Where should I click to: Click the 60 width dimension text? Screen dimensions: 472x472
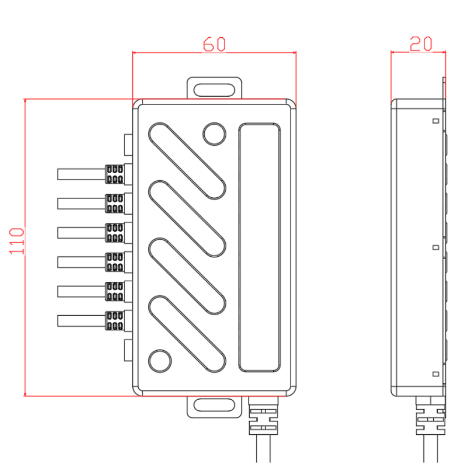[x=214, y=44]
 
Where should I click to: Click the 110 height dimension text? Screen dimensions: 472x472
[x=17, y=241]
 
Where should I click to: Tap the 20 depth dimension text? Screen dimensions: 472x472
[x=421, y=44]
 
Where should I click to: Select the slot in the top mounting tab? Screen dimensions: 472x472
[x=214, y=90]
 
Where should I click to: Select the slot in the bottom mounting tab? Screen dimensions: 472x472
[x=214, y=405]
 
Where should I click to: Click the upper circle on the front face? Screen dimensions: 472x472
[x=214, y=134]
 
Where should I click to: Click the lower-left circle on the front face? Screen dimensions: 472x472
[x=160, y=361]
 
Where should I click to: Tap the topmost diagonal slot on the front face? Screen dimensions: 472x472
[x=187, y=161]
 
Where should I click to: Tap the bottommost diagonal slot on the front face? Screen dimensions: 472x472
[x=187, y=334]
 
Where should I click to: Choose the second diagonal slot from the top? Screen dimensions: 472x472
[x=187, y=219]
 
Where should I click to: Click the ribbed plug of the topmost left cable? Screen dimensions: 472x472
[x=114, y=174]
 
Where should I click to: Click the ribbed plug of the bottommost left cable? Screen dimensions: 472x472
[x=114, y=321]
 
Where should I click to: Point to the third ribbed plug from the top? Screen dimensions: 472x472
[x=114, y=233]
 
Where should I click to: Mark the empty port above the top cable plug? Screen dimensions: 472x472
[x=128, y=145]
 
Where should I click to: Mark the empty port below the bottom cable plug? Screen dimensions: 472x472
[x=128, y=350]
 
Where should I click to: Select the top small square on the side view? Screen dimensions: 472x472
[x=436, y=121]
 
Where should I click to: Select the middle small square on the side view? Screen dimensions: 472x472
[x=436, y=247]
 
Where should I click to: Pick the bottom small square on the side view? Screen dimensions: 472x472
[x=436, y=374]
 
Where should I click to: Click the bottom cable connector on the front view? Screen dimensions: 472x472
[x=263, y=416]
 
